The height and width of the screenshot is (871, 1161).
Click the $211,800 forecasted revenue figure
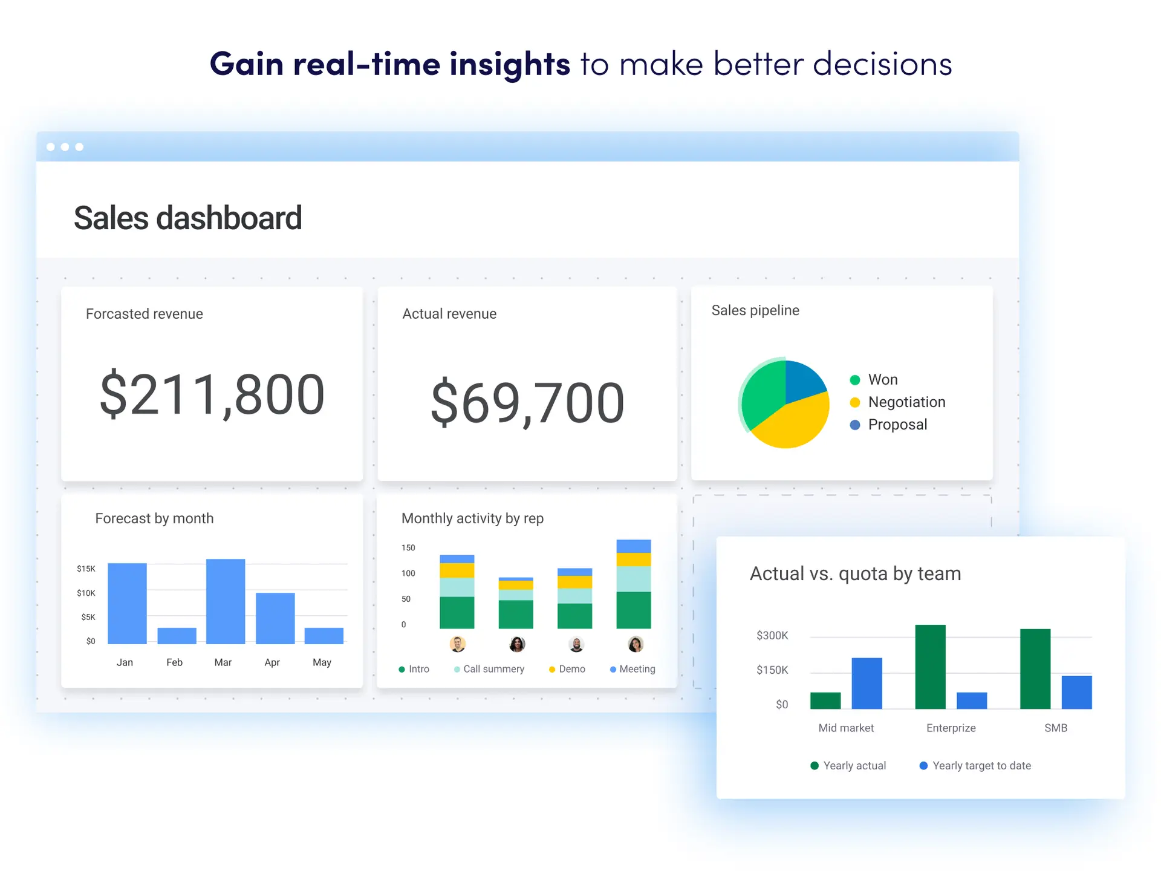coord(212,395)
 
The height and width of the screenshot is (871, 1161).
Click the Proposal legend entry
coord(897,425)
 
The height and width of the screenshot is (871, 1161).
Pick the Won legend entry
coord(882,380)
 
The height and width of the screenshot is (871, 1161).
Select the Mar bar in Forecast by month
coord(226,601)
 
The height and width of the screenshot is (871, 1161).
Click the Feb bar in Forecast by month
coord(177,636)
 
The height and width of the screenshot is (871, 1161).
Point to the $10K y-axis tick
coord(86,593)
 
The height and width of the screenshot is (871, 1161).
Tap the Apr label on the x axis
coord(272,662)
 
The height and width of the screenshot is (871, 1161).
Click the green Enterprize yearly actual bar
coord(930,667)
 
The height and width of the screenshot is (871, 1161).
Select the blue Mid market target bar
coord(867,683)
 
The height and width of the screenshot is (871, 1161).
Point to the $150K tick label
coord(772,670)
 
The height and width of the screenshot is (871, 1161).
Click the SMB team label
coord(1055,728)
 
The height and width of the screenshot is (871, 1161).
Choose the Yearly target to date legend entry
coord(981,766)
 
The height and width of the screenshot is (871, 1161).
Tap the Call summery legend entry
coord(493,669)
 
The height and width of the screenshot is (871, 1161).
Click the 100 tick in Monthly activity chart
coord(408,573)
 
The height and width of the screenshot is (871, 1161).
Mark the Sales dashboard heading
coord(187,218)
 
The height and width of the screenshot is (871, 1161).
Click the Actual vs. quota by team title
coord(855,573)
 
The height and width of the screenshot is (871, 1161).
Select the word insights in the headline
coord(510,64)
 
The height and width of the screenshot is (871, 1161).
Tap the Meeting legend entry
coord(637,669)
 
